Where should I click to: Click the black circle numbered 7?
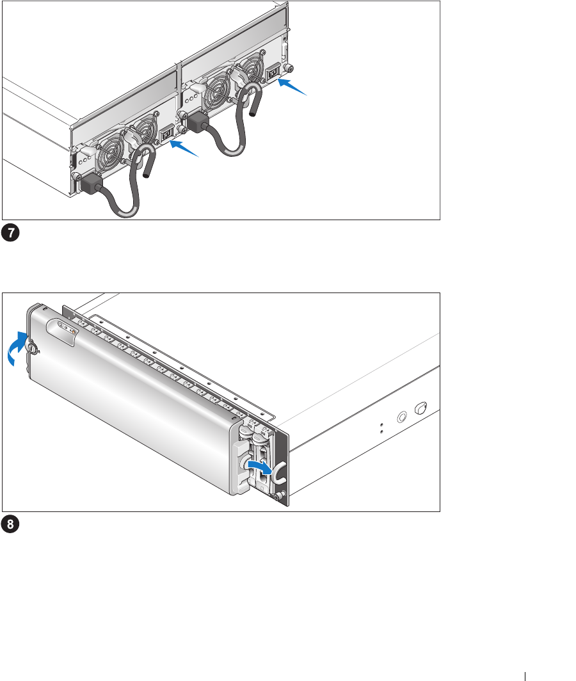[x=10, y=233]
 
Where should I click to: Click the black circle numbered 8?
[x=10, y=524]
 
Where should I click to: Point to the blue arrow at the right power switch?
[x=292, y=86]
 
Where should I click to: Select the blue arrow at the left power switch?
[x=184, y=148]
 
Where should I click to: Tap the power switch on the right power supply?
[x=273, y=73]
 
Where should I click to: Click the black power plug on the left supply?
[x=90, y=184]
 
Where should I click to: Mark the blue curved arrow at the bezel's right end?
[x=259, y=467]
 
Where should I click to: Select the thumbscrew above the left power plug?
[x=76, y=176]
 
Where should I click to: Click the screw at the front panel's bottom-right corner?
[x=280, y=495]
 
